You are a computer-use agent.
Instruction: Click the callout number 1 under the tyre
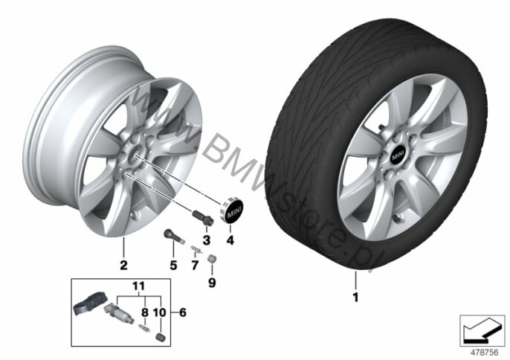pos(355,298)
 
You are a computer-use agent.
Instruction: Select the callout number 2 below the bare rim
pos(124,265)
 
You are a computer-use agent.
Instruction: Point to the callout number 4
pos(230,240)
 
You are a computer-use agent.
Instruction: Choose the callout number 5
pos(172,263)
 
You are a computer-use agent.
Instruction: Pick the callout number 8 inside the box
pos(144,312)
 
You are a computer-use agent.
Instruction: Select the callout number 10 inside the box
pos(158,312)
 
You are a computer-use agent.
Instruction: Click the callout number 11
pos(137,286)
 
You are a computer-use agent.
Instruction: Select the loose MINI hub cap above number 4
pos(232,213)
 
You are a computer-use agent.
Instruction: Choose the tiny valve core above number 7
pos(195,248)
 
